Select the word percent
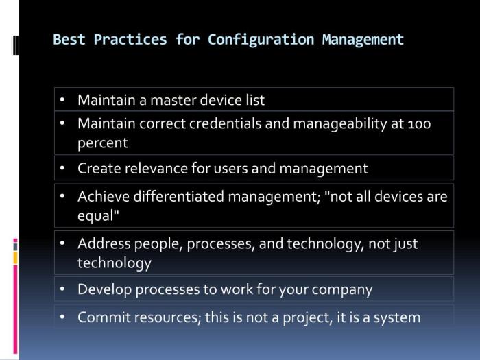[103, 143]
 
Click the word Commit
[103, 317]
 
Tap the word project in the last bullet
[331, 317]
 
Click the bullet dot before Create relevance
[62, 168]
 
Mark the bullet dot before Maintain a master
[62, 100]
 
